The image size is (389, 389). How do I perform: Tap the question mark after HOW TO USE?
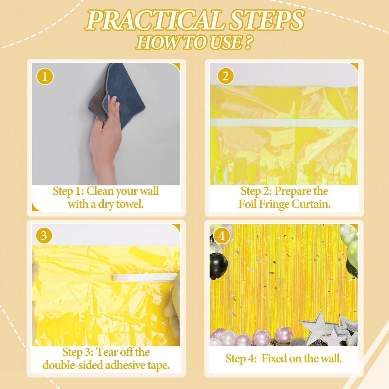point(248,43)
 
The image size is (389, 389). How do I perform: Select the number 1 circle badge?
point(45,76)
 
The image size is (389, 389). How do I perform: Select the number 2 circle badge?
point(225,76)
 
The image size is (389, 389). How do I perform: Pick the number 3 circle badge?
point(44,236)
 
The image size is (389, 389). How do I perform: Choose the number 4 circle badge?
point(222,236)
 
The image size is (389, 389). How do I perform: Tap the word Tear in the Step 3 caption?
point(107,352)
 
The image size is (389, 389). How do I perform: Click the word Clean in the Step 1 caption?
point(100,191)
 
